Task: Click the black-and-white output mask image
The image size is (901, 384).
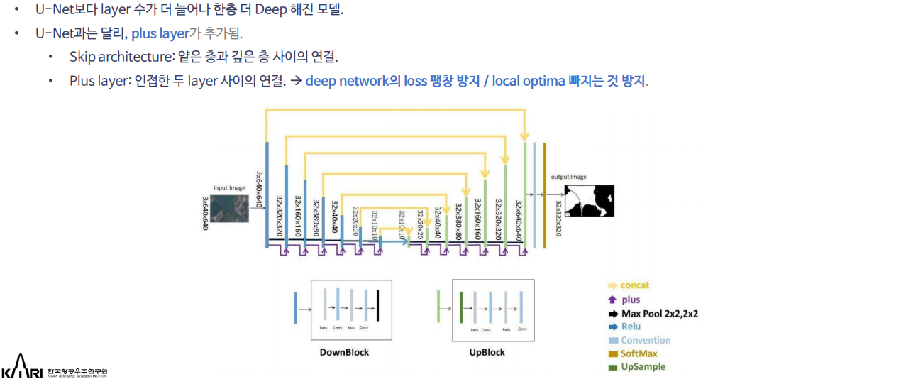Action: point(589,201)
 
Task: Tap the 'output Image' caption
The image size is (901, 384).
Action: point(569,177)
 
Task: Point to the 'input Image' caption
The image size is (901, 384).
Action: point(229,188)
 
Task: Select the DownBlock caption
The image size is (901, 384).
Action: point(344,352)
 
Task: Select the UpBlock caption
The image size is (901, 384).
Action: point(487,352)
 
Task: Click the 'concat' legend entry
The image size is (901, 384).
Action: point(634,285)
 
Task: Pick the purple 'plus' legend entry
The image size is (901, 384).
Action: point(631,300)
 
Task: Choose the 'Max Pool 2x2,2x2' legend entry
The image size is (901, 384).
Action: point(659,313)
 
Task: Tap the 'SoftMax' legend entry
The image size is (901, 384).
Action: point(639,353)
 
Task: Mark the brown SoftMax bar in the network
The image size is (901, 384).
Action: point(544,195)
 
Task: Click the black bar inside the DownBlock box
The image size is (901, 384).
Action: point(378,307)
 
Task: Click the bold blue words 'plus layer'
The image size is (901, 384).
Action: point(160,33)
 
